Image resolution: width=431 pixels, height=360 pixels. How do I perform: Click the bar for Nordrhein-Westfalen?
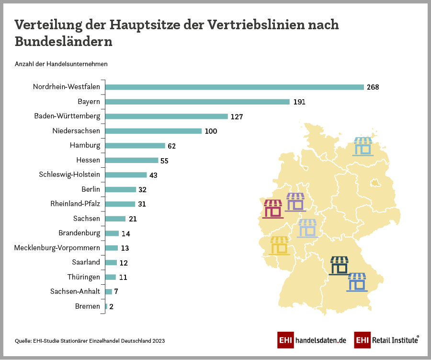pos(235,87)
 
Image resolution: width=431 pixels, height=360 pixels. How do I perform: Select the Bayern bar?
pos(197,102)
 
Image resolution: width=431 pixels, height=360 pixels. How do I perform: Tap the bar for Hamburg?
pos(135,146)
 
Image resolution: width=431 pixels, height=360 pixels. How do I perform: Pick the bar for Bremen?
pos(106,306)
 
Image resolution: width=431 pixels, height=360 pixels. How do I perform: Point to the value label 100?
pos(211,131)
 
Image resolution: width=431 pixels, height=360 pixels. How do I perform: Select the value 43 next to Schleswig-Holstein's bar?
pos(153,175)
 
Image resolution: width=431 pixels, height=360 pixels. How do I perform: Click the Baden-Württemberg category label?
pos(67,116)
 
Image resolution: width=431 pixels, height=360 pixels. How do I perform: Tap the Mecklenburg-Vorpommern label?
pos(57,248)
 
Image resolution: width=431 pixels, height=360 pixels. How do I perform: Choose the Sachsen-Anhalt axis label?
pos(75,291)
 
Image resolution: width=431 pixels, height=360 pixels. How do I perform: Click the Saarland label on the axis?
pos(86,262)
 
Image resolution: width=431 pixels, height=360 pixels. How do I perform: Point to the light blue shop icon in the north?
pos(363,146)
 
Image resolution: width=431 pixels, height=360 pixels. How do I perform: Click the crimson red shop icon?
pos(273,209)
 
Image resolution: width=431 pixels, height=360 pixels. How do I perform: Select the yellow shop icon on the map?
pos(280,246)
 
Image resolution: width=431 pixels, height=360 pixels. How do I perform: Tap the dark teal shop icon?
pos(340,266)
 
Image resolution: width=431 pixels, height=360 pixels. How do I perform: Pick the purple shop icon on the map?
pos(295,202)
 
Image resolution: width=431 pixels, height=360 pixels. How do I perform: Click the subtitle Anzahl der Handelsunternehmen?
pos(61,64)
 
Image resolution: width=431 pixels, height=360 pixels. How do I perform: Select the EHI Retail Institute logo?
pos(386,340)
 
